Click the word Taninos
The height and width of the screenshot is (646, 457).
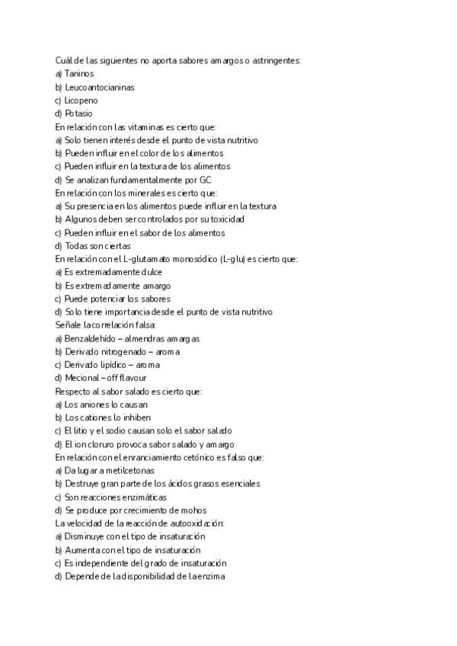[x=79, y=74]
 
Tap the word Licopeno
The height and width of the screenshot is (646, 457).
[x=81, y=101]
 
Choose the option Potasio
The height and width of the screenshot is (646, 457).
[x=78, y=114]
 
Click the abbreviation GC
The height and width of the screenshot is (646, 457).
[x=205, y=180]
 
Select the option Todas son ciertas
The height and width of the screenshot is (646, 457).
[x=97, y=246]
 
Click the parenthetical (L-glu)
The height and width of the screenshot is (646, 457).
[x=233, y=259]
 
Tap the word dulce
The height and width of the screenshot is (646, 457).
[x=150, y=272]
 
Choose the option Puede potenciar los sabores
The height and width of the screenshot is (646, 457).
[x=117, y=299]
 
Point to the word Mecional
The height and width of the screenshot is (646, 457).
[x=81, y=378]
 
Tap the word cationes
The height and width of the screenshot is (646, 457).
[x=96, y=417]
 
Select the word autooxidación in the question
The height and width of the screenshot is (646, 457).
[x=197, y=523]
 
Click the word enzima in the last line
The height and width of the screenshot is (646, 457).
[x=209, y=577]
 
